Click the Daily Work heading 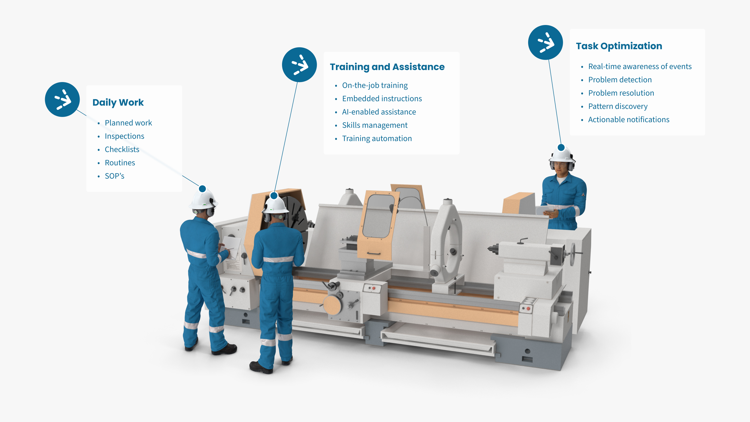(x=118, y=103)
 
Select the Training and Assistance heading (x=387, y=67)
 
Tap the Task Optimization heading (x=619, y=46)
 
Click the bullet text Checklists (x=122, y=150)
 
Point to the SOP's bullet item (x=114, y=176)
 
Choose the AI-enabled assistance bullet (x=379, y=112)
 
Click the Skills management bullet (x=375, y=125)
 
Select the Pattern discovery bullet (x=618, y=106)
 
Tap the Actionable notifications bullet (x=629, y=120)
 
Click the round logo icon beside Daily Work (x=62, y=100)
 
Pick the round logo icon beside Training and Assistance (x=299, y=65)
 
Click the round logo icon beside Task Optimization (x=545, y=42)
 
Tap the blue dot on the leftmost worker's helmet (x=202, y=189)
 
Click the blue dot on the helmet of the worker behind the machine (x=561, y=147)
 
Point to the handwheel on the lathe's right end (x=573, y=254)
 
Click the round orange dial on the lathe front (x=332, y=305)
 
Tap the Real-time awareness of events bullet (x=640, y=66)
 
